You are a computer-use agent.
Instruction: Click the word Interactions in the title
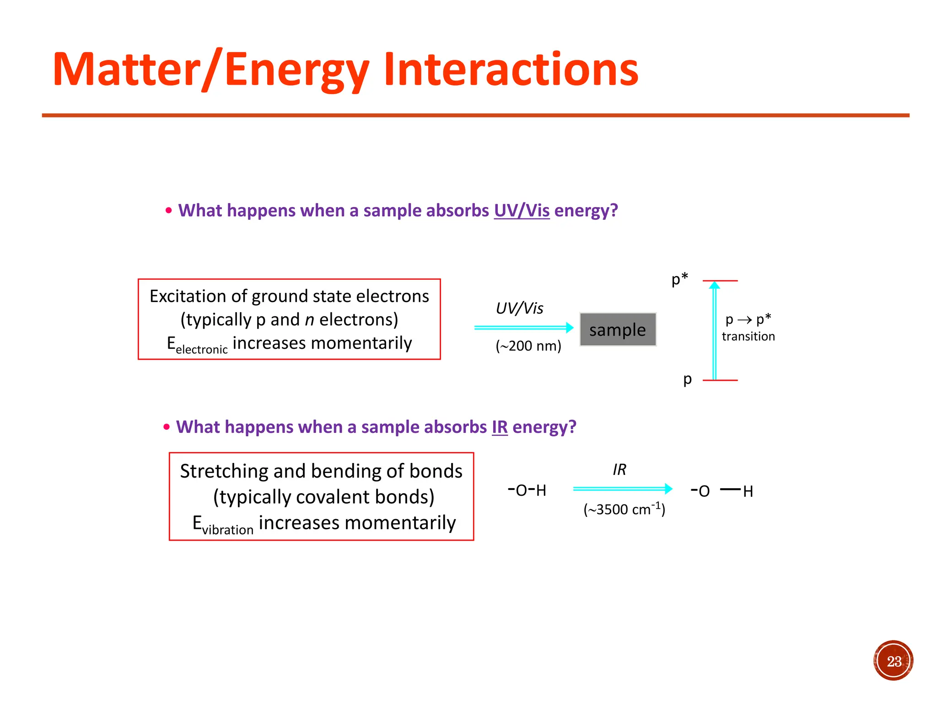(511, 69)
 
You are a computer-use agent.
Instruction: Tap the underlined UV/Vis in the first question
(522, 211)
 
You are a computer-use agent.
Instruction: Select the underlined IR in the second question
(500, 427)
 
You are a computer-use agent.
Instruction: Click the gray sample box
(618, 330)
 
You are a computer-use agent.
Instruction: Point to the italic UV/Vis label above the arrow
(519, 308)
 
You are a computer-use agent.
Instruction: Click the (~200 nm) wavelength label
(528, 346)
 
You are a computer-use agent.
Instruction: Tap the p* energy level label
(679, 278)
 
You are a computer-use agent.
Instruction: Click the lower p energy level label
(687, 379)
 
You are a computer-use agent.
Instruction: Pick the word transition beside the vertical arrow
(748, 337)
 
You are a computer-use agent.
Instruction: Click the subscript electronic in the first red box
(201, 350)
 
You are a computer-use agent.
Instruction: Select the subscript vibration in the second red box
(227, 530)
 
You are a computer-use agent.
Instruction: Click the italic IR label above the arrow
(619, 470)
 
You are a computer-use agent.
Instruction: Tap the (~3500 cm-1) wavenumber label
(624, 509)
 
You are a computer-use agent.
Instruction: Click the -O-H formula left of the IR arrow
(527, 490)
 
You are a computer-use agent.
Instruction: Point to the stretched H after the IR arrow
(748, 492)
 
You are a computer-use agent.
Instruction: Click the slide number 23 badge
(893, 661)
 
